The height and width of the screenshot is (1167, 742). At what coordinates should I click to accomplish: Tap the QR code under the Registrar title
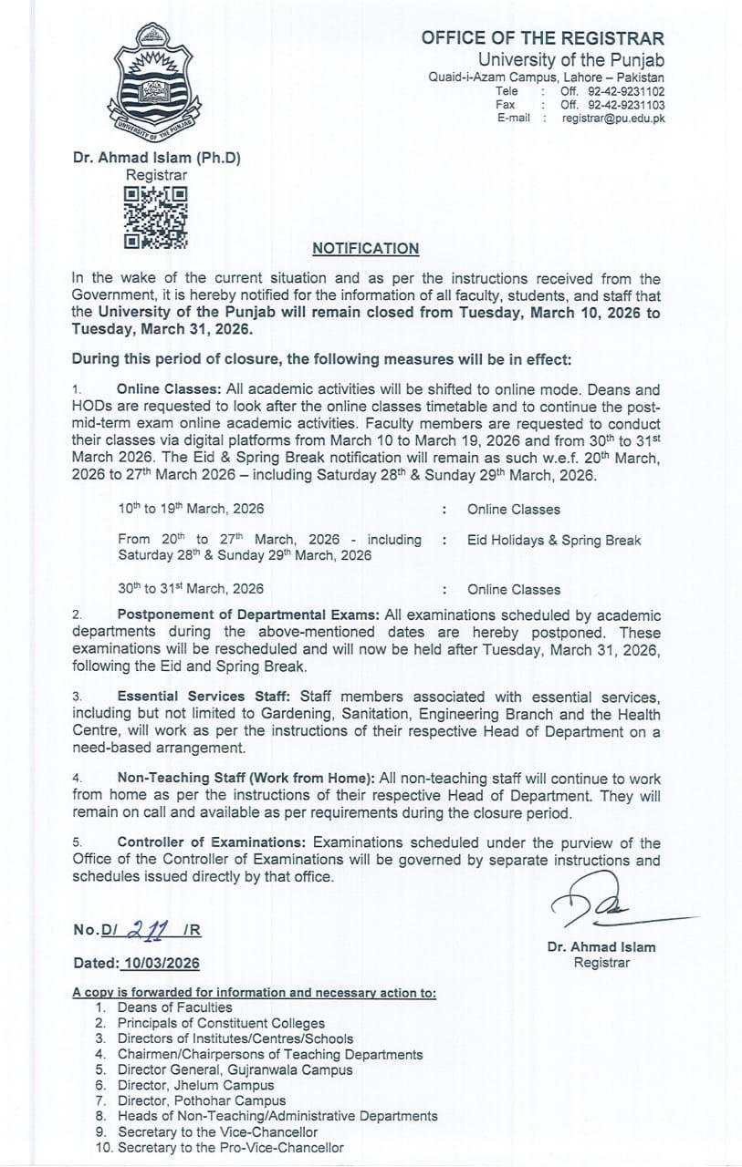(x=156, y=217)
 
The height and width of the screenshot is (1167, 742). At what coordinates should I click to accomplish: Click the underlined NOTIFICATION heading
(x=366, y=248)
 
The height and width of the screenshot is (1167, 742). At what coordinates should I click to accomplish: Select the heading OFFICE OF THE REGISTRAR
(x=542, y=38)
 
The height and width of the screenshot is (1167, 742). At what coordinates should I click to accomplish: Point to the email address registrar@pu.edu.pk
(x=613, y=119)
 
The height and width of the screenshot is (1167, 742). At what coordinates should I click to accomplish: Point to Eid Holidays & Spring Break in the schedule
(x=554, y=540)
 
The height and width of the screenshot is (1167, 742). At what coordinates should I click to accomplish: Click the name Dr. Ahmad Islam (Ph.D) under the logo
(x=157, y=157)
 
